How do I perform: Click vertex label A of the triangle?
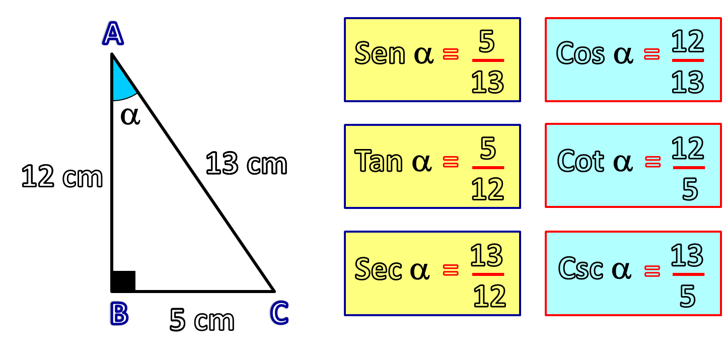[112, 34]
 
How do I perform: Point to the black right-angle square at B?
[123, 281]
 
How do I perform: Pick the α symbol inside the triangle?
[130, 116]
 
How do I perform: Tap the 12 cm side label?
[62, 177]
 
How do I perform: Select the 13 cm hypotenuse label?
[246, 164]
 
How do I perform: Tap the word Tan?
[379, 161]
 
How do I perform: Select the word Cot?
[580, 161]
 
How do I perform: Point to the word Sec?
[378, 268]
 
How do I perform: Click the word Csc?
[581, 268]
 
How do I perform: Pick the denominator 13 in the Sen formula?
[487, 82]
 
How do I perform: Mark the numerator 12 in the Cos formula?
[687, 42]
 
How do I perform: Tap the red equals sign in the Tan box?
[451, 161]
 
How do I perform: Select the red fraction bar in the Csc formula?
[688, 274]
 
